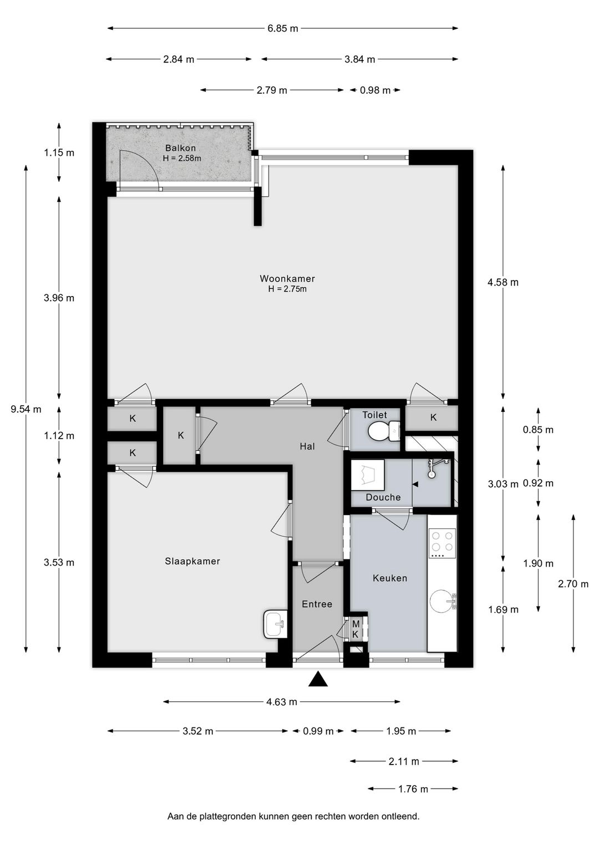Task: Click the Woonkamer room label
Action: click(x=287, y=279)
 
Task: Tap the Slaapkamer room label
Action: click(x=192, y=561)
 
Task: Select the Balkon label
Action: click(x=180, y=148)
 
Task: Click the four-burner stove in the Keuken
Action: click(x=442, y=543)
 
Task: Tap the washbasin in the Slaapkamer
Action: click(x=276, y=624)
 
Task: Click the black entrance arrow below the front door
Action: click(x=318, y=679)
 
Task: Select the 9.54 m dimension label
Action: click(x=26, y=410)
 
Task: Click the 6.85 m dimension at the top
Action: click(x=283, y=28)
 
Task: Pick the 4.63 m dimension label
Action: click(x=282, y=702)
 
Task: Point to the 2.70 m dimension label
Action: click(x=573, y=584)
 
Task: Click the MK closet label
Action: click(x=356, y=629)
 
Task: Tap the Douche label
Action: click(x=383, y=497)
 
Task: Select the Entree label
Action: click(x=317, y=604)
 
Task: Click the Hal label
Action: click(x=307, y=446)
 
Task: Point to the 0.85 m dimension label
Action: click(x=538, y=430)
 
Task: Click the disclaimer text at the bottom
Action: click(x=293, y=816)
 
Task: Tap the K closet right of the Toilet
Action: click(x=433, y=417)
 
